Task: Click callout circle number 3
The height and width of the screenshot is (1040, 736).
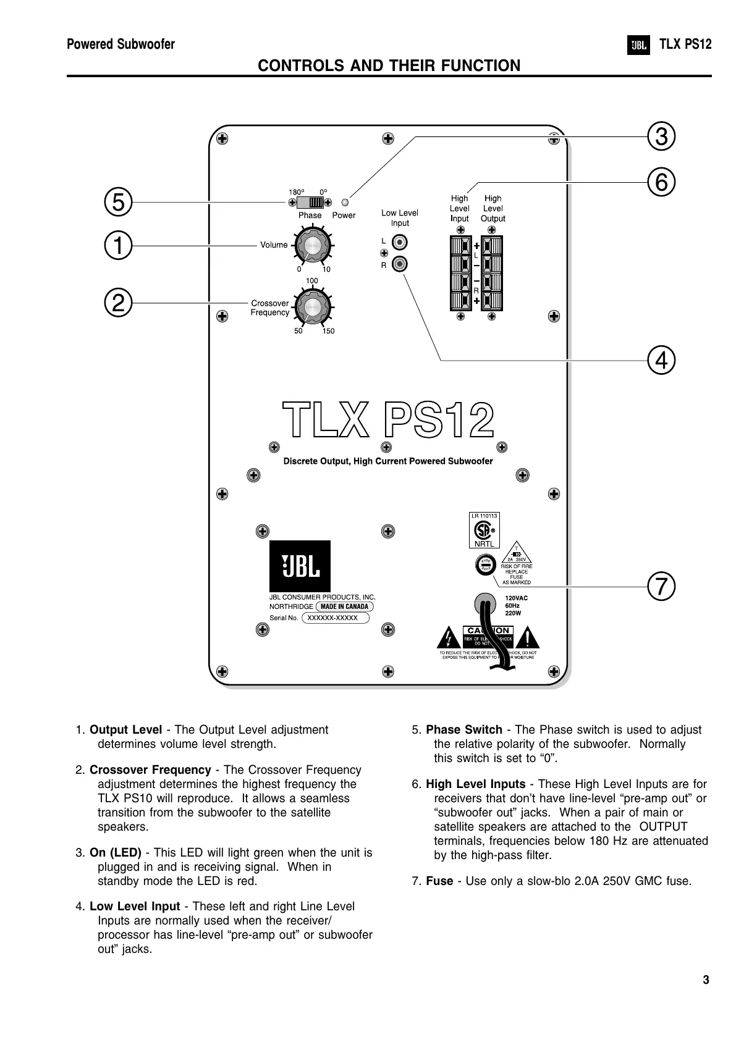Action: pos(661,136)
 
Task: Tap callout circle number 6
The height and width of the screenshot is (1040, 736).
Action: pos(661,183)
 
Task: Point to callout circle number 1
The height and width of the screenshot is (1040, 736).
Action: pos(118,245)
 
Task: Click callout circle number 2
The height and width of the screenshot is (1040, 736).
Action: pos(118,303)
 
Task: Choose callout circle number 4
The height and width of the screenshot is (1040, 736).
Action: pos(661,360)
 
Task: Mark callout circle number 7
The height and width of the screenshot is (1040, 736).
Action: pos(661,585)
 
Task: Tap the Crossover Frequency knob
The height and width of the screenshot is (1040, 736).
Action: pos(312,307)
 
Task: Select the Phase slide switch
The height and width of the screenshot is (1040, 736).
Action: pos(310,203)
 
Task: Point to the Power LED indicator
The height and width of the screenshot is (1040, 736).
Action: pos(345,202)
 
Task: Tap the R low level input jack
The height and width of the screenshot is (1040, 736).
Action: pos(401,264)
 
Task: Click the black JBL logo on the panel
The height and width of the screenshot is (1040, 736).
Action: pos(300,566)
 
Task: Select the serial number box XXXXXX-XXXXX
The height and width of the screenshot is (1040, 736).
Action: pos(334,618)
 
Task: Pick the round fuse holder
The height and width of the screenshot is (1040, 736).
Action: pos(484,564)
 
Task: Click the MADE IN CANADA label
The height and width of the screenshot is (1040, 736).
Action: pos(344,606)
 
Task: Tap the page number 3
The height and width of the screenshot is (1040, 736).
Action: pos(706,980)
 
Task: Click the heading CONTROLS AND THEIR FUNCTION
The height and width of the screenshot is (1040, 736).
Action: pos(389,65)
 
